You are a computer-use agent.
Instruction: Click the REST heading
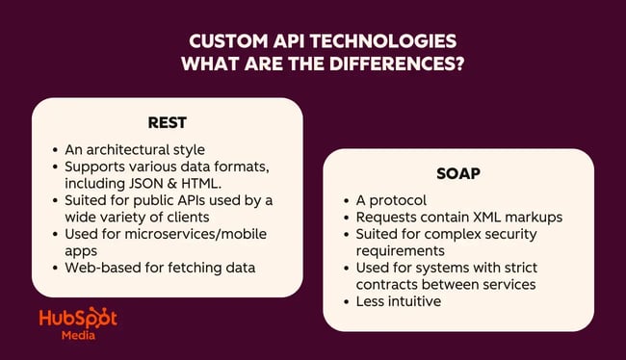pyautogui.click(x=167, y=123)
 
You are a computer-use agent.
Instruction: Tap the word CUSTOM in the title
pyautogui.click(x=222, y=43)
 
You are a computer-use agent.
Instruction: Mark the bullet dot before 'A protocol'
pyautogui.click(x=347, y=199)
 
